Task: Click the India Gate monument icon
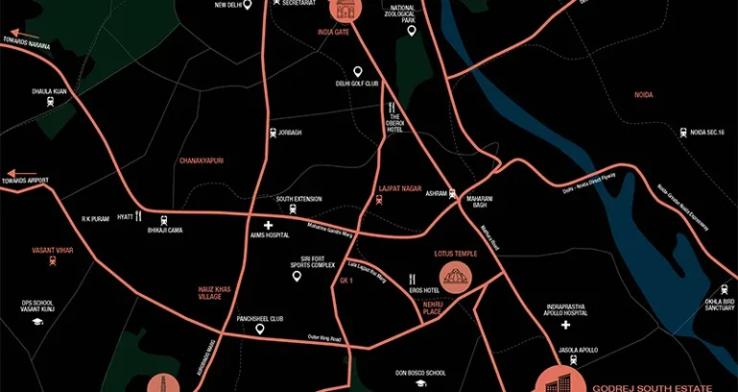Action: point(343,10)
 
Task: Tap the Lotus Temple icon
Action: point(454,279)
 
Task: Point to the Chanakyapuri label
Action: point(201,160)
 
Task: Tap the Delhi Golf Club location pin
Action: point(358,72)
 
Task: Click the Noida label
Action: point(643,94)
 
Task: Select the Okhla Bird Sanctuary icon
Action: point(724,289)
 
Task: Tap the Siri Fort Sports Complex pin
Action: point(297,277)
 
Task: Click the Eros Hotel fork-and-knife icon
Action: point(411,280)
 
